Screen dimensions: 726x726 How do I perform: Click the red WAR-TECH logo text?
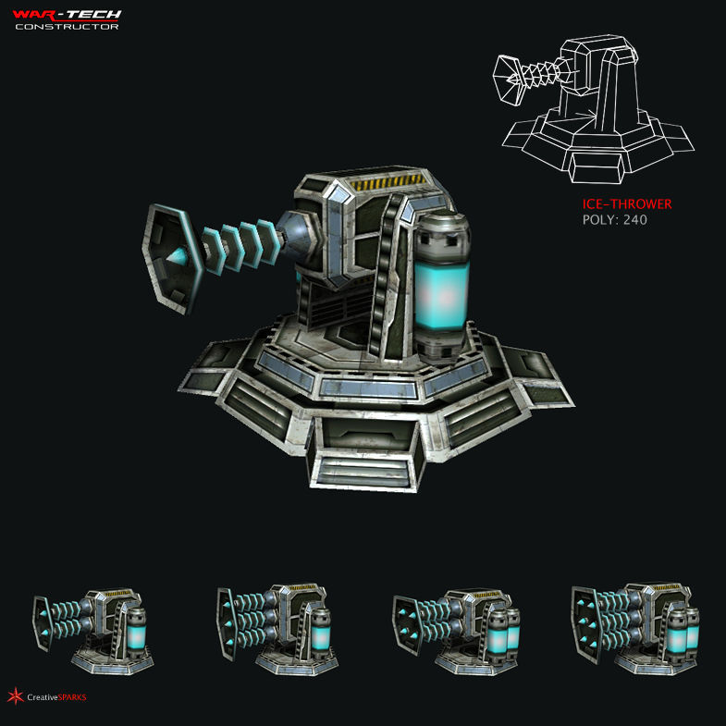coord(67,15)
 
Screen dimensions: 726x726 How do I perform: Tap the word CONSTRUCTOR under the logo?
coord(67,27)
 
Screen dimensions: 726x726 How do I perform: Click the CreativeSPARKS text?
coord(56,697)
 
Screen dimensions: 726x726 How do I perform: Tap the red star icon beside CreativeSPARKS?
coord(14,696)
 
